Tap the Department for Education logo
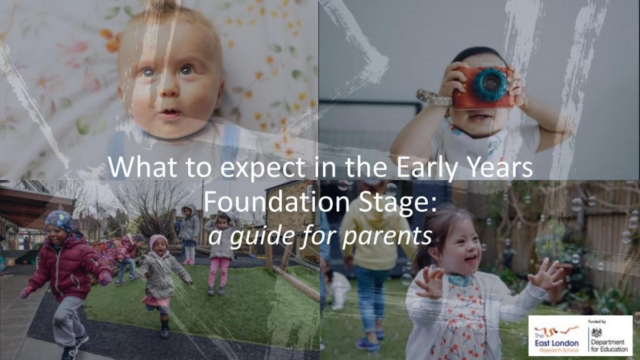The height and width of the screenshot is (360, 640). pyautogui.click(x=607, y=335)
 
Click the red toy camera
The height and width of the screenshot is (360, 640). pyautogui.click(x=483, y=87)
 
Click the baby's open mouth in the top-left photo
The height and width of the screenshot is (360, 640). pyautogui.click(x=171, y=113)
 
